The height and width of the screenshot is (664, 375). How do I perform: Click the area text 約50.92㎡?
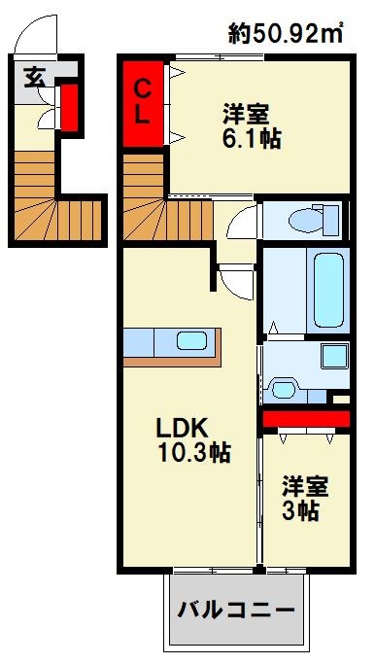pos(288,34)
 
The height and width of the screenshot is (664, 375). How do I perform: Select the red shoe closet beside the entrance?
pos(70,107)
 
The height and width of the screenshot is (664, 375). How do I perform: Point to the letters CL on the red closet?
pos(143,102)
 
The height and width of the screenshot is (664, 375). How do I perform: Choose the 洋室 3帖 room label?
pos(305,497)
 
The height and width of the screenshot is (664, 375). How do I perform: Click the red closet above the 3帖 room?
pos(305,419)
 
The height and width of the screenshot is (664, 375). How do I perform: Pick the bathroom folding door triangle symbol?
pos(276,327)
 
